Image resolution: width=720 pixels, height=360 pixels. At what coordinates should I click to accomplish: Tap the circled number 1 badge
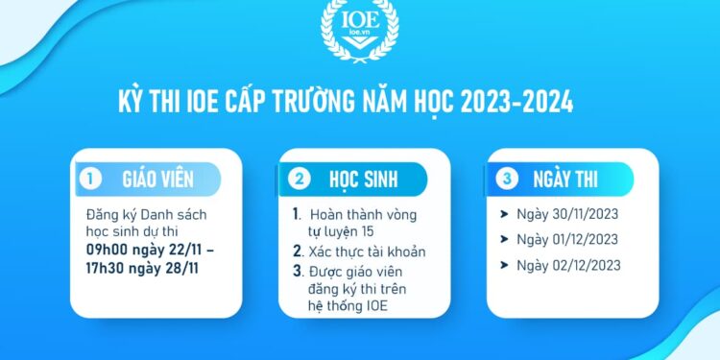pos(91,179)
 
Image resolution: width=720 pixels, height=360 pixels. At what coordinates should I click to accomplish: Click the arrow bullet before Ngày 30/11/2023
pos(507,214)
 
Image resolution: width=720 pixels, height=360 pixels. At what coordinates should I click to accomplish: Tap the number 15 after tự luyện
pos(370,231)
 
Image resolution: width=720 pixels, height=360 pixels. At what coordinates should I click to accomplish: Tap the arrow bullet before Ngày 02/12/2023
pos(507,265)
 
